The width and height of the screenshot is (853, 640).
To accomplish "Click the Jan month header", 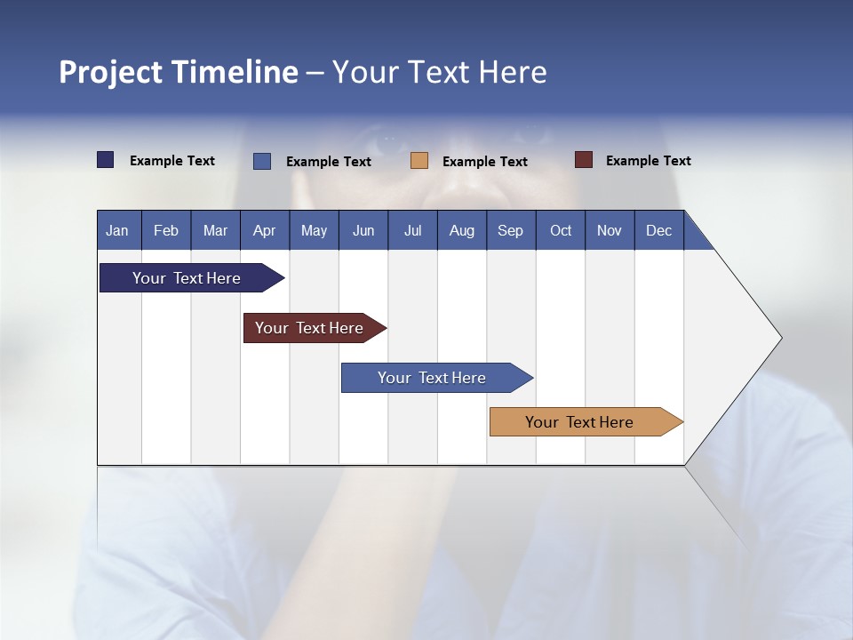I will point(118,230).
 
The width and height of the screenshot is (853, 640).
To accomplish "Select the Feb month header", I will point(166,230).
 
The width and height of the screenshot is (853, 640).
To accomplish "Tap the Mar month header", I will point(215,230).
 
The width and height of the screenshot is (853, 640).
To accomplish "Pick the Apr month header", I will point(265,230).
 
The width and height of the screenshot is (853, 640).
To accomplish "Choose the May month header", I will point(314,230).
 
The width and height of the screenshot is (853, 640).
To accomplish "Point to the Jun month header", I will point(363,230).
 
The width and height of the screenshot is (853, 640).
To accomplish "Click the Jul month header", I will point(412,230).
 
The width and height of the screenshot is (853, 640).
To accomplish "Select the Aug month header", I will point(462,230).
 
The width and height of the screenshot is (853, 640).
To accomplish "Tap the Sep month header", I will point(511,230).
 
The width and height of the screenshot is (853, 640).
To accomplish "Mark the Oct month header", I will point(561,230).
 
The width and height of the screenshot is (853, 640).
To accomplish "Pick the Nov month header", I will point(610,230).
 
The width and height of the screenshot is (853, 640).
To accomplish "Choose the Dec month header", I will point(659,230).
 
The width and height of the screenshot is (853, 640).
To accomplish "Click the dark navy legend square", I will point(106,160).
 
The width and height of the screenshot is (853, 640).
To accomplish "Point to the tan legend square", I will point(419,161).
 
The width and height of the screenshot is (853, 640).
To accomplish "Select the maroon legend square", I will point(584,160).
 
